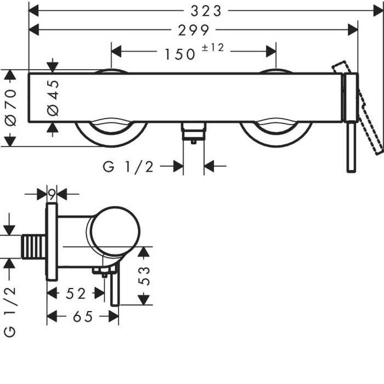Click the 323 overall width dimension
206,11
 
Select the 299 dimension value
194,30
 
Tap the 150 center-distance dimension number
180,54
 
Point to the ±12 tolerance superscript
213,47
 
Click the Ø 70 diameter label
11,108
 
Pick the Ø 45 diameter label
53,98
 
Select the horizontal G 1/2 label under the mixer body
128,167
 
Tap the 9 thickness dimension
52,195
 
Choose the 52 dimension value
76,293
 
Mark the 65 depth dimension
83,317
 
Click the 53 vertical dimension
144,276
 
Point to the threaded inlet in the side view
33,246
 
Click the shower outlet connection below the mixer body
194,132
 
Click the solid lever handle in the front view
351,122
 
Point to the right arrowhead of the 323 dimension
378,11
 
